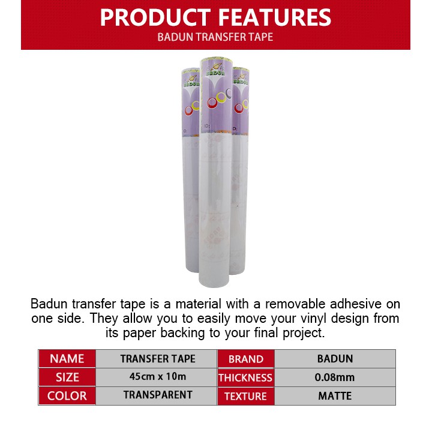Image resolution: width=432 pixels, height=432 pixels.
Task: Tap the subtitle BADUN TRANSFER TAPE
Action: click(215, 37)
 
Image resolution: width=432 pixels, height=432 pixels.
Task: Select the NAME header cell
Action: click(67, 359)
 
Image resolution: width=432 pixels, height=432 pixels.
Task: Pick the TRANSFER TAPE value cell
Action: click(158, 359)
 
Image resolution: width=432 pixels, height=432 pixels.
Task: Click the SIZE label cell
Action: click(67, 377)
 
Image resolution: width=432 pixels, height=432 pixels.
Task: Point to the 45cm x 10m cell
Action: click(158, 377)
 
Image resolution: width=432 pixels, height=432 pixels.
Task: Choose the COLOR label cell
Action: click(67, 396)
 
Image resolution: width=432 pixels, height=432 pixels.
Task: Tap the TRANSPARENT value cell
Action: click(158, 395)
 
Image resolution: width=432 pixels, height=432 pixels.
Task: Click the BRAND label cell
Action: click(246, 359)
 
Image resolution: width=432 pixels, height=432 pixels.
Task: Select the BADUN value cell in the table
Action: click(335, 359)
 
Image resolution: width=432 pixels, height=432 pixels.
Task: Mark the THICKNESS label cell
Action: click(245, 378)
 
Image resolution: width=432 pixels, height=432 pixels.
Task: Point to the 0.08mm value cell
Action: click(335, 377)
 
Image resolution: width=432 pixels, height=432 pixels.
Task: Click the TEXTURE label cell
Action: click(245, 396)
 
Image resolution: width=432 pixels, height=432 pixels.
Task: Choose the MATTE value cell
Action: click(335, 396)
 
